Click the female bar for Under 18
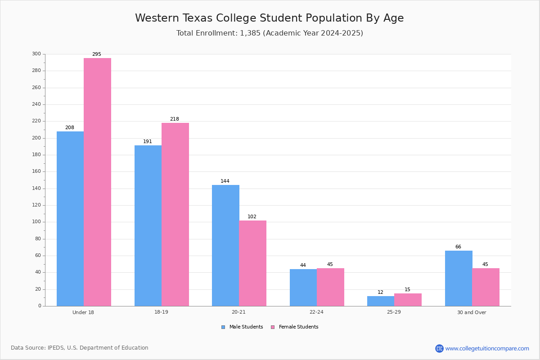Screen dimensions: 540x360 97,182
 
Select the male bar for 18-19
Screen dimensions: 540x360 148,226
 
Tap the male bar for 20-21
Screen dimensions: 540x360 225,245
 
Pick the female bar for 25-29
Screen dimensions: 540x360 408,300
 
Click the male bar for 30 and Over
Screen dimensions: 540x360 459,279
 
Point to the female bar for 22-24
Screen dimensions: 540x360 330,287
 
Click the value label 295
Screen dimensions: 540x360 97,54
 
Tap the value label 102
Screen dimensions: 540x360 252,216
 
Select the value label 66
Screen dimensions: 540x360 458,247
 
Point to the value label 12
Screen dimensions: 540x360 380,292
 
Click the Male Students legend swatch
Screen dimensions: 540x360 223,327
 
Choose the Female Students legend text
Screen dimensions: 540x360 298,327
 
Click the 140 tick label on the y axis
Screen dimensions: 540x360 36,188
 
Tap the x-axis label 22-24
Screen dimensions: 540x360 316,312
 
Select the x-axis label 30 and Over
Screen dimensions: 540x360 472,312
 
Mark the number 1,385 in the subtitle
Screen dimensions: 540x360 250,33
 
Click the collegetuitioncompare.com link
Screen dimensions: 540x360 487,348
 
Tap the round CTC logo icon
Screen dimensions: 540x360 439,348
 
